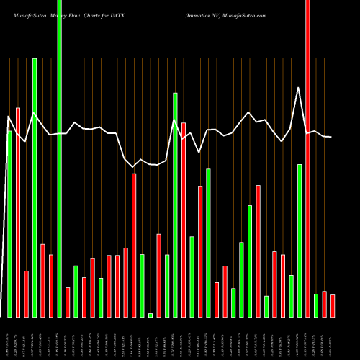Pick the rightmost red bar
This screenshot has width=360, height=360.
click(333, 306)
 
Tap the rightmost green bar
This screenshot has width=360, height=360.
click(316, 305)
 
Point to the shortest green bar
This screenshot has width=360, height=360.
click(150, 315)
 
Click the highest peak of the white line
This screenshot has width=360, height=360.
click(299, 87)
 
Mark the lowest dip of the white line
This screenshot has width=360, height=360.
click(134, 167)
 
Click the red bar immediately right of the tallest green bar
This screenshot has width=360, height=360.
click(68, 302)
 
